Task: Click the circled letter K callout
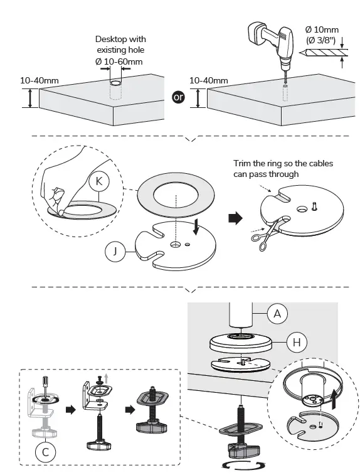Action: click(x=98, y=181)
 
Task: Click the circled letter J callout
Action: click(x=115, y=251)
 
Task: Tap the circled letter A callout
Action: click(x=277, y=314)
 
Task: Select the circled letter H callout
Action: click(x=297, y=343)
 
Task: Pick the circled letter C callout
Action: click(x=45, y=452)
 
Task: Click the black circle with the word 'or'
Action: click(x=178, y=97)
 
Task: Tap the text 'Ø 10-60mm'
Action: click(x=119, y=61)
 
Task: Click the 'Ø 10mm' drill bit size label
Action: click(x=322, y=29)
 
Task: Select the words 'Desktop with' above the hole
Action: click(x=120, y=39)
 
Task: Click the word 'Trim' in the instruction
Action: click(x=241, y=163)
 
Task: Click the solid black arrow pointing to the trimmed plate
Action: click(x=235, y=218)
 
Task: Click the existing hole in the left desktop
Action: click(x=115, y=83)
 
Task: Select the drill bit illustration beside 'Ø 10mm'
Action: click(x=324, y=53)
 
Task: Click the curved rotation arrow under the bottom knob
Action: click(x=243, y=465)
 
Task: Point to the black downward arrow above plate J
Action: click(x=196, y=228)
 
